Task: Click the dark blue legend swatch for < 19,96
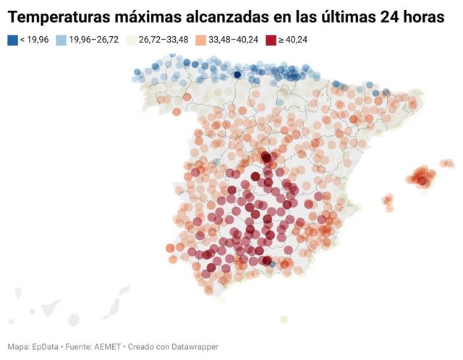click(x=12, y=40)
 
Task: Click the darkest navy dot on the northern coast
click(x=237, y=74)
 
